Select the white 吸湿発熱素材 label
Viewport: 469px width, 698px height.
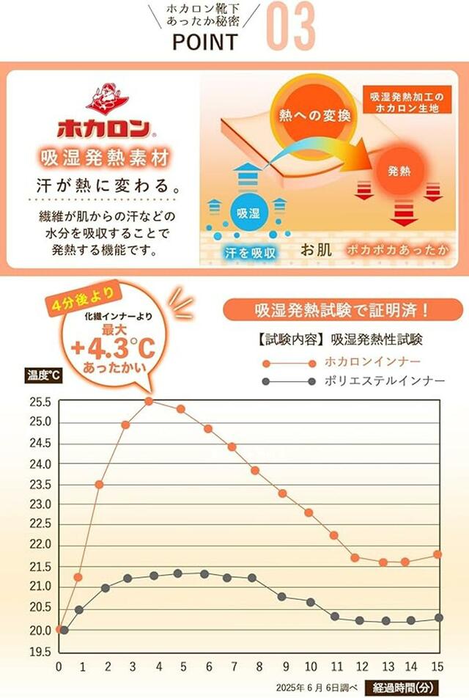click(x=105, y=158)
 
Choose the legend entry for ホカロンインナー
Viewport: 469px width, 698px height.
click(x=373, y=361)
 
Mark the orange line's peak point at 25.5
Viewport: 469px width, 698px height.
click(x=149, y=401)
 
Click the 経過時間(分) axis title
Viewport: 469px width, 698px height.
click(x=403, y=687)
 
